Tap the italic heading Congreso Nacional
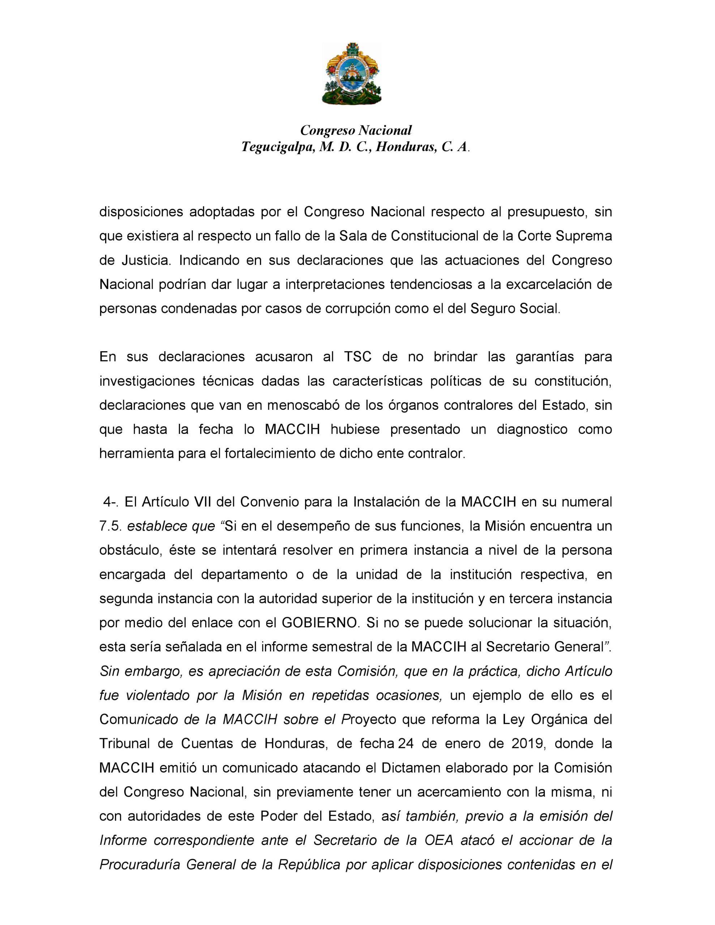(356, 130)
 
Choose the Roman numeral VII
(203, 502)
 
